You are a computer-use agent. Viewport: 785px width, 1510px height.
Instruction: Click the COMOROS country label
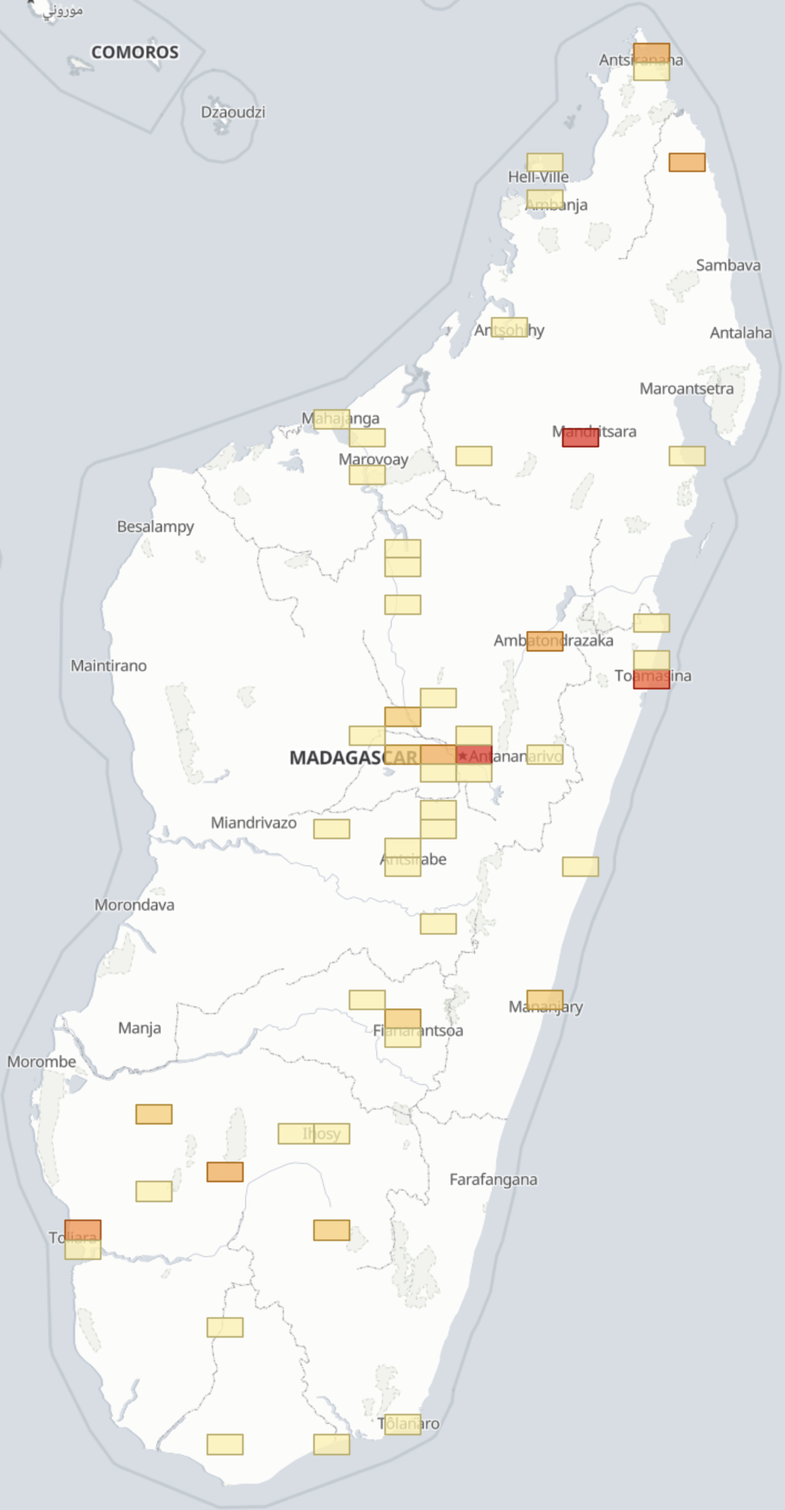click(135, 53)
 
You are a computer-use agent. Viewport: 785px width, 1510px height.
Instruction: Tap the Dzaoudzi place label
click(233, 113)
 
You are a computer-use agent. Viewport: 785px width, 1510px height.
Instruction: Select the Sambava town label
click(728, 266)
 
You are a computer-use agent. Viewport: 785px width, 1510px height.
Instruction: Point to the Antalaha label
click(741, 333)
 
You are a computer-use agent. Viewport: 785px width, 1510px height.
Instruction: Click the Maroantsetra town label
click(687, 389)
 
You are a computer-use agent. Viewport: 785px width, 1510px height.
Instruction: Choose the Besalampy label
click(156, 527)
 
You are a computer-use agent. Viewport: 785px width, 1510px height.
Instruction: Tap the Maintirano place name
click(109, 666)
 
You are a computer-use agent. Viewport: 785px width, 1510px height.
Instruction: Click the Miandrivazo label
click(253, 823)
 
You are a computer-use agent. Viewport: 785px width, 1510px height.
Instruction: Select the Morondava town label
click(135, 905)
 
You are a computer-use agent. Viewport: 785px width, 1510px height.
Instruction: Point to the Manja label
click(139, 1028)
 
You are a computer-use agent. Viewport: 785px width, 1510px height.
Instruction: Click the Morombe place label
click(41, 1062)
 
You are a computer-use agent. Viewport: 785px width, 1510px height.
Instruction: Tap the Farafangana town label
click(493, 1180)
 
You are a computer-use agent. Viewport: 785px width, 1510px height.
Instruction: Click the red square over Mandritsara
click(581, 437)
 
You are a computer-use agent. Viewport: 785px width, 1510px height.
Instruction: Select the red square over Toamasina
click(652, 679)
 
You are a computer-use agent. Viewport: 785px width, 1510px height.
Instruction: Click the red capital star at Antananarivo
click(463, 756)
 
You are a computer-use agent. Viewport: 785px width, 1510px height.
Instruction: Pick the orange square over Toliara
click(83, 1230)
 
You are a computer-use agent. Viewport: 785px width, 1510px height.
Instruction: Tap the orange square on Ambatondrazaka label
click(545, 641)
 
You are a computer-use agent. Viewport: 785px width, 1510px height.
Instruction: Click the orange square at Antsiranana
click(652, 54)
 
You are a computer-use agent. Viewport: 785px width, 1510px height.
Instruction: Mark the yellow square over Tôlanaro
click(403, 1424)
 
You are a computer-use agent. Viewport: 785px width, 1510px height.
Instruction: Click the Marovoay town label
click(373, 460)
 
